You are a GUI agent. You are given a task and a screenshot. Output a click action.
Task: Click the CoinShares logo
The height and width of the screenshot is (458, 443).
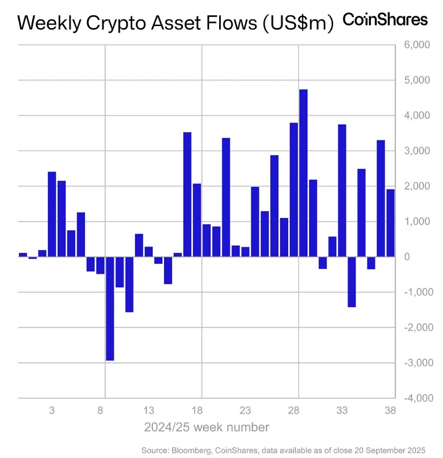(x=384, y=20)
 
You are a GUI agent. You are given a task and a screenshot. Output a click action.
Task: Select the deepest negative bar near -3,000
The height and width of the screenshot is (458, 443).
(x=110, y=308)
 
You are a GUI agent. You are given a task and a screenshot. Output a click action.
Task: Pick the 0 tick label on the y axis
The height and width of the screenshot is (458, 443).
(x=407, y=257)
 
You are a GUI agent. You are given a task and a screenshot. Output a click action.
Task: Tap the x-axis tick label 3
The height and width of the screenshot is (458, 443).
(x=52, y=410)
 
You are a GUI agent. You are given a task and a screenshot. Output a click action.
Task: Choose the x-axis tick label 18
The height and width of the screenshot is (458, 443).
(x=197, y=410)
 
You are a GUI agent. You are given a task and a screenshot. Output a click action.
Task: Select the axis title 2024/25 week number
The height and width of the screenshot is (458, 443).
(x=206, y=427)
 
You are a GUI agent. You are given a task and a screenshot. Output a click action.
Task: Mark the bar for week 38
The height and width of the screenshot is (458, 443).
(x=390, y=223)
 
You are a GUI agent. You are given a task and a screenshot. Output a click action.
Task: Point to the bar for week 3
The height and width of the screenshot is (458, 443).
(x=52, y=214)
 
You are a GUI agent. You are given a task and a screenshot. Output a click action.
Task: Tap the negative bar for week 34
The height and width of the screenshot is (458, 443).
(x=352, y=281)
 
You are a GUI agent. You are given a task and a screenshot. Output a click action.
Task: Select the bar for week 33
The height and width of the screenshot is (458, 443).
(x=342, y=190)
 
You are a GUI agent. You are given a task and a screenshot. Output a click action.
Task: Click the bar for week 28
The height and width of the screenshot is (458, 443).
(x=294, y=189)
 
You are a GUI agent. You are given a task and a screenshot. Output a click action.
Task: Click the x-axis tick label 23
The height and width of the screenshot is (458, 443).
(x=245, y=410)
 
